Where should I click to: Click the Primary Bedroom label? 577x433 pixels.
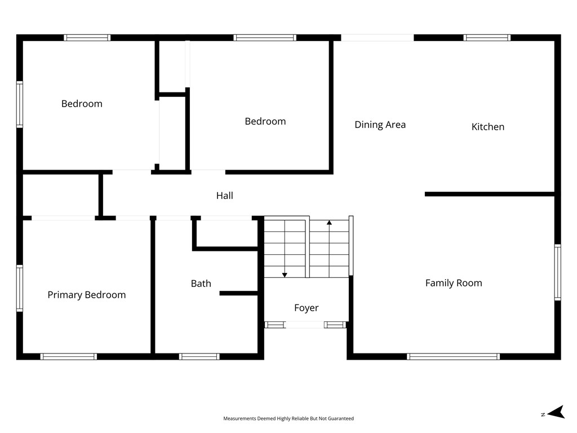coord(86,294)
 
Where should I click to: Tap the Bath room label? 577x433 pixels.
coord(201,284)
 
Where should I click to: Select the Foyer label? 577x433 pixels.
coord(306,308)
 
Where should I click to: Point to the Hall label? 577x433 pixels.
coord(224,196)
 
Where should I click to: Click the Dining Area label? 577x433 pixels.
coord(380,125)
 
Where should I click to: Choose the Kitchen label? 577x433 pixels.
coord(488,127)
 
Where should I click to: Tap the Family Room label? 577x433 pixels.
coord(454,283)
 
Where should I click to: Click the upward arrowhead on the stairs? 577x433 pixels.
coord(329,222)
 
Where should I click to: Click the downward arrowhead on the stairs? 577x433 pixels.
coord(285,275)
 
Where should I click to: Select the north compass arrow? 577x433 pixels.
coord(556,412)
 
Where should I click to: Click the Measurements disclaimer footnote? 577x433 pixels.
coord(288,418)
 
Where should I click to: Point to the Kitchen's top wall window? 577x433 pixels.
coord(487,38)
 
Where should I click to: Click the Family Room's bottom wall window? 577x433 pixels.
coord(454,356)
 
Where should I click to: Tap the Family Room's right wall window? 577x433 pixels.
coord(558,272)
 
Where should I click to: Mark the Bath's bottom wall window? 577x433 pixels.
coord(199,356)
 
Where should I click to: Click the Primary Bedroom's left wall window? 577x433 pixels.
coord(20,288)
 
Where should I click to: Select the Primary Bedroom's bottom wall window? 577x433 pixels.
coord(68,356)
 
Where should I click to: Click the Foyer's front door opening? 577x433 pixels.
coord(304,325)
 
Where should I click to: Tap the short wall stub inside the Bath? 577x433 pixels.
coord(238,293)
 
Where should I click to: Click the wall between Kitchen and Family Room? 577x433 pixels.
coord(490,194)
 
